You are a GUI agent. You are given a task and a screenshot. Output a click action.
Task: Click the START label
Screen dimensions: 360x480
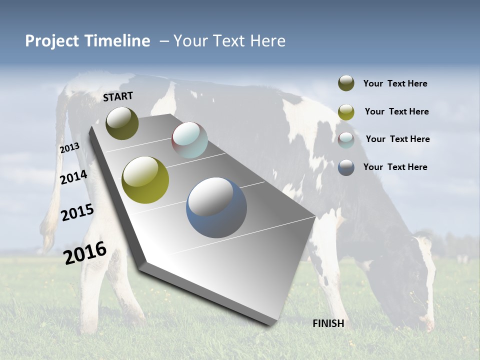118,96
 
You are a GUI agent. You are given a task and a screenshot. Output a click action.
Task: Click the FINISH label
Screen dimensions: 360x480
328,323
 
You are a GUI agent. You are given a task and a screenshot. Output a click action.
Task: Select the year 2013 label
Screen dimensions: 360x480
69,148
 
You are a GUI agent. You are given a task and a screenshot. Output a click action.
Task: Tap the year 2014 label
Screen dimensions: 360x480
73,177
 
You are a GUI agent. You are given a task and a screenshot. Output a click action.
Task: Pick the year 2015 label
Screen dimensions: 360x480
77,212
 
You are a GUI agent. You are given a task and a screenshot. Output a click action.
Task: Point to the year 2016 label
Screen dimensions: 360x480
85,253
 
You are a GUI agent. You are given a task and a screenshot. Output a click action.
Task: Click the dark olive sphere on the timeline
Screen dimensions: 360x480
122,123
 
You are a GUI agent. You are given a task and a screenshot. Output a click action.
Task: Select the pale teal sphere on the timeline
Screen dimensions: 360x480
189,140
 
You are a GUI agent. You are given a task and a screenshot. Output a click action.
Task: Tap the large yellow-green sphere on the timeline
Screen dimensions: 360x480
145,180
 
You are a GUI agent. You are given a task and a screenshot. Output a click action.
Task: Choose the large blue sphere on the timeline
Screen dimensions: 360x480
216,207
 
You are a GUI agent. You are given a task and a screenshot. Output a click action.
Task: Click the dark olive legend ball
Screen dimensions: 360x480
346,83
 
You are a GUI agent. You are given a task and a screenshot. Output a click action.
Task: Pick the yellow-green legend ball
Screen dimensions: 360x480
346,112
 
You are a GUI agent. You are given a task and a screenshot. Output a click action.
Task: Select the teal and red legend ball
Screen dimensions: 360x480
346,139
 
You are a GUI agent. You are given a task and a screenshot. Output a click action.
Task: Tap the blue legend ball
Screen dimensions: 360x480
346,167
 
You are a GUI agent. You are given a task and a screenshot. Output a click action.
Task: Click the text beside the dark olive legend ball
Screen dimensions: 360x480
395,84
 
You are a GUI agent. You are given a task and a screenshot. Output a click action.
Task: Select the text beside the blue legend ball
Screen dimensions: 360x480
395,167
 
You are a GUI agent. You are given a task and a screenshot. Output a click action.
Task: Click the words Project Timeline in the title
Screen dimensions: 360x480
87,41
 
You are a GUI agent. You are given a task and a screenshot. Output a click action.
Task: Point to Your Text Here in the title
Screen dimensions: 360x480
229,41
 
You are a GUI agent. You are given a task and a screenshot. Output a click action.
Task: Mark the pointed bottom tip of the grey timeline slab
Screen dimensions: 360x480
272,324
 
